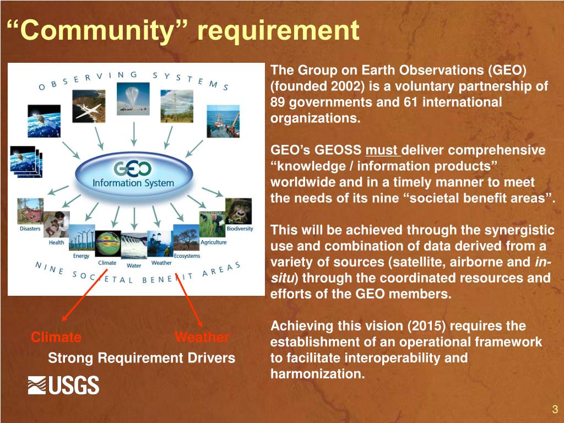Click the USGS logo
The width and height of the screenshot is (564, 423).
pyautogui.click(x=63, y=385)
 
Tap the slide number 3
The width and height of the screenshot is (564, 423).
pyautogui.click(x=555, y=409)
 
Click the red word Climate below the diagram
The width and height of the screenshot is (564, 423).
pyautogui.click(x=56, y=337)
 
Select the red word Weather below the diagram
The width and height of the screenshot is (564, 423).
pyautogui.click(x=202, y=337)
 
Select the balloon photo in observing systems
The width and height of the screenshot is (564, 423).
pyautogui.click(x=133, y=98)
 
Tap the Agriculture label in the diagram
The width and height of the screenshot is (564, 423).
pyautogui.click(x=213, y=242)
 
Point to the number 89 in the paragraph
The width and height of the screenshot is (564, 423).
pyautogui.click(x=278, y=102)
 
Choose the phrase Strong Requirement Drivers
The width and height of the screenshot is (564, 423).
pyautogui.click(x=142, y=358)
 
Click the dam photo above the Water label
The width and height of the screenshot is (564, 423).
pyautogui.click(x=133, y=246)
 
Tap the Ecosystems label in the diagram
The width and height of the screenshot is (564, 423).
pyautogui.click(x=187, y=256)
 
